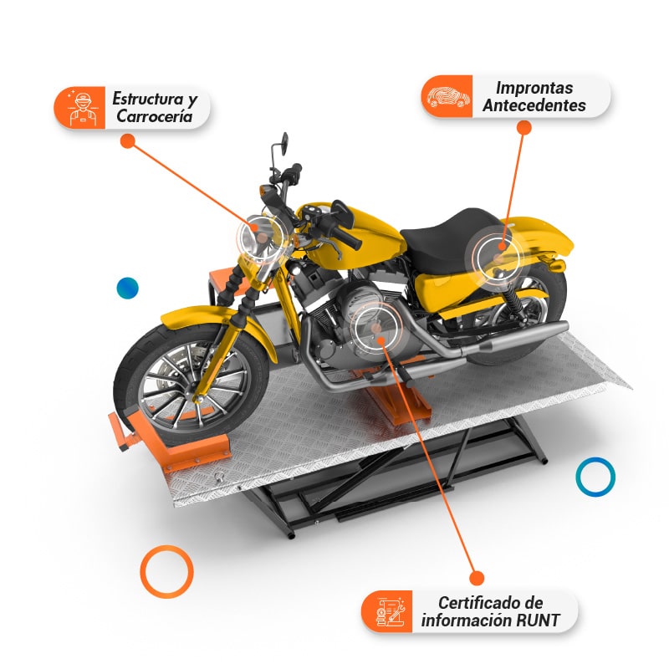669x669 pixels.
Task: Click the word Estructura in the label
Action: point(148,99)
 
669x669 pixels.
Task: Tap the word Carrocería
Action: point(155,116)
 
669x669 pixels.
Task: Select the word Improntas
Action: point(534,88)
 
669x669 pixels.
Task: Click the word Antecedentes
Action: point(534,105)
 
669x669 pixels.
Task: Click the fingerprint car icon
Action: point(448,97)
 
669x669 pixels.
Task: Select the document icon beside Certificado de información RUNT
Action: point(389,611)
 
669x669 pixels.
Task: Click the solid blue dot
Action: point(128,288)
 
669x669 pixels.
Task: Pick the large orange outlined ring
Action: point(166,547)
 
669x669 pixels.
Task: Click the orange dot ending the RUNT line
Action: point(476,578)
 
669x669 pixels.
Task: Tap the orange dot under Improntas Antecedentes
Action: point(524,127)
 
